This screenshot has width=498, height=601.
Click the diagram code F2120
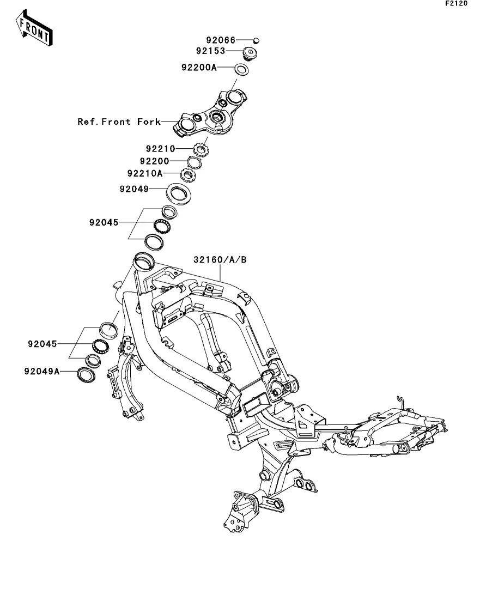tap(456, 4)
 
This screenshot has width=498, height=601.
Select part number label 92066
tap(220, 40)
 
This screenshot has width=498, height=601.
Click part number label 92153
tap(210, 52)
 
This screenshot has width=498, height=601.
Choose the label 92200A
tap(199, 68)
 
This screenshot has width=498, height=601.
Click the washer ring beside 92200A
tap(241, 70)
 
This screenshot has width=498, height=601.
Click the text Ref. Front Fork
tap(119, 122)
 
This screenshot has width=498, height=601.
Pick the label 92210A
tap(145, 174)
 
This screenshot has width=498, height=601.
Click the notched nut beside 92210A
tap(188, 175)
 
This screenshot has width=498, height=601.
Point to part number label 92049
tap(133, 190)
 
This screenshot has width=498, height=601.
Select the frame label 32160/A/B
tap(220, 260)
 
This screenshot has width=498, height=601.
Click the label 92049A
tap(42, 372)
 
